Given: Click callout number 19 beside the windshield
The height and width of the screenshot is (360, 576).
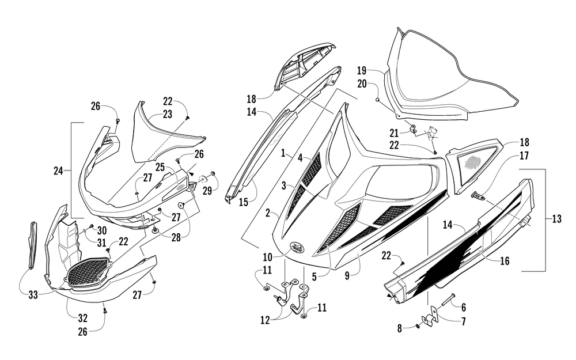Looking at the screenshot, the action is pyautogui.click(x=362, y=70).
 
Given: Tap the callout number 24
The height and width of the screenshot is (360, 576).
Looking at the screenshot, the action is pyautogui.click(x=58, y=171).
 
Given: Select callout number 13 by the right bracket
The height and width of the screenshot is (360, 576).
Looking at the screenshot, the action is pyautogui.click(x=556, y=219).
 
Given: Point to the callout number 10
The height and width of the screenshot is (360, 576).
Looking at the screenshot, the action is pyautogui.click(x=267, y=256).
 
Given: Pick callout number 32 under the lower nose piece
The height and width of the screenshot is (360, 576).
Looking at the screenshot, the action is pyautogui.click(x=82, y=317).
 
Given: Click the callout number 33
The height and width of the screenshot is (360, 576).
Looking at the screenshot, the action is pyautogui.click(x=33, y=294).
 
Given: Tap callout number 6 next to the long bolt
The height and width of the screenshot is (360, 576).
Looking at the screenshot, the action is pyautogui.click(x=464, y=307).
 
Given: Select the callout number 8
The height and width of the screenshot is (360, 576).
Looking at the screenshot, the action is pyautogui.click(x=400, y=328).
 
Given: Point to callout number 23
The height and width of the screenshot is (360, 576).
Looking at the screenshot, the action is pyautogui.click(x=168, y=114).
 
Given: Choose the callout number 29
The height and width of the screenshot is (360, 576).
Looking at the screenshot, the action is pyautogui.click(x=207, y=191).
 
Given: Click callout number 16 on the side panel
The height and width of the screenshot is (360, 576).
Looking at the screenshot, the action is pyautogui.click(x=505, y=261).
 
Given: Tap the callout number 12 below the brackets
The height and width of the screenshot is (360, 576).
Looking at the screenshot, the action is pyautogui.click(x=265, y=320).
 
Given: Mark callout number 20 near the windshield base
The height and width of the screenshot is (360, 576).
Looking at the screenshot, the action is pyautogui.click(x=362, y=84).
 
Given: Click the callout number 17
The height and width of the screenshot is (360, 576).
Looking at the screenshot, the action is pyautogui.click(x=524, y=156).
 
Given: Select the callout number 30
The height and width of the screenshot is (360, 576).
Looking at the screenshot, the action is pyautogui.click(x=102, y=230).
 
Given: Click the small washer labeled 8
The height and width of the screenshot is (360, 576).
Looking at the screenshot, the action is pyautogui.click(x=416, y=326).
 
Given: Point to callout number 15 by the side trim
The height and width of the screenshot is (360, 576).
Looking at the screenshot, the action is pyautogui.click(x=243, y=202).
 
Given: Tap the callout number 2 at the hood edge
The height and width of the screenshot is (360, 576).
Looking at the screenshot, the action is pyautogui.click(x=268, y=213).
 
